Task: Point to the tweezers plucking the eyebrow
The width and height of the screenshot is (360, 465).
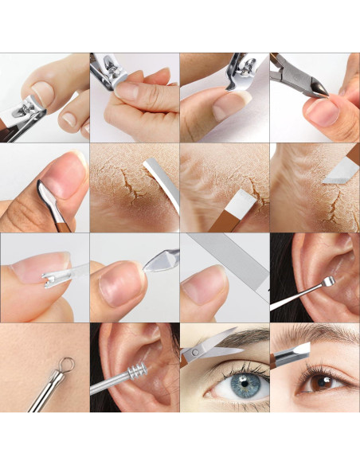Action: point(292,350)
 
